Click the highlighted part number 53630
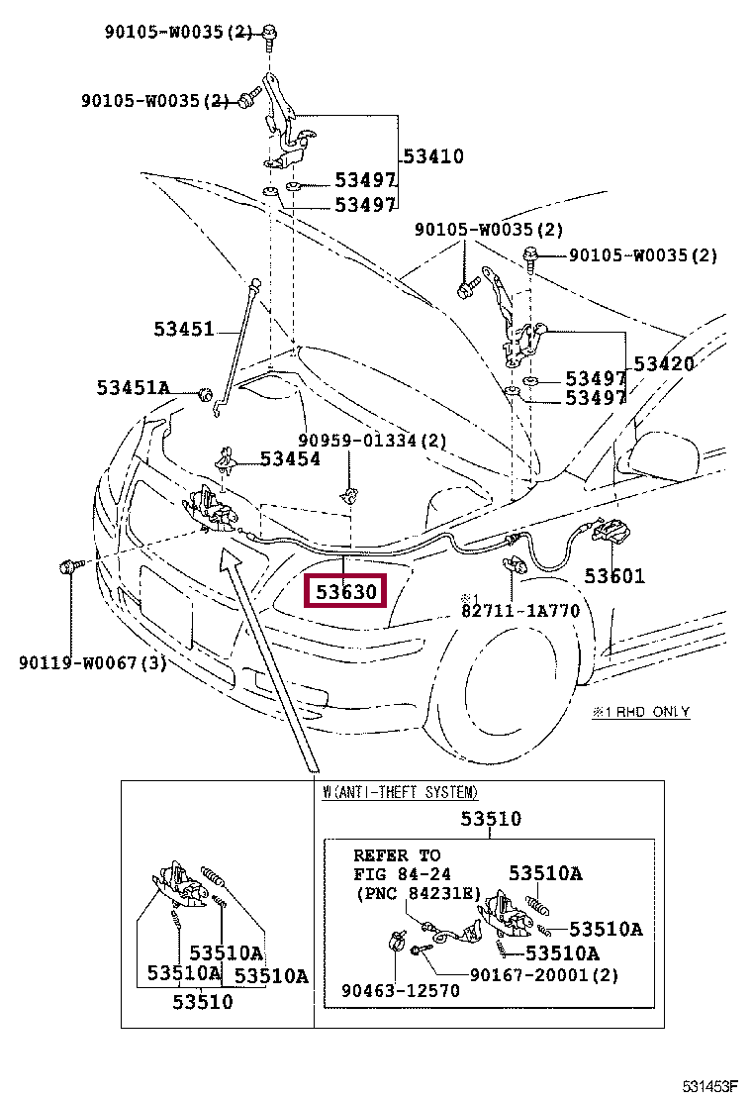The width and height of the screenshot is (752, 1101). click(345, 593)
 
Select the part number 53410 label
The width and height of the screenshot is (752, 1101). click(433, 156)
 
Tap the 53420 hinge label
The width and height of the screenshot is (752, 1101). click(664, 363)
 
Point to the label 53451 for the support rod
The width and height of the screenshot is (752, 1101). click(183, 328)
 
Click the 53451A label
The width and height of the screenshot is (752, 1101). click(134, 387)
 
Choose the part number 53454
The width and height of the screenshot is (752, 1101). click(290, 458)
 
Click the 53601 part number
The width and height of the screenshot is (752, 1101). click(613, 575)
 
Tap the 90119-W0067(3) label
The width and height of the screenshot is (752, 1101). click(92, 662)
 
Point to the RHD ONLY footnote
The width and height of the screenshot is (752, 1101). click(640, 712)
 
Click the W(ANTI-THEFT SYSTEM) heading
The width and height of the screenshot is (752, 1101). click(401, 792)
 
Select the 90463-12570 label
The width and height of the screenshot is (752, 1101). click(401, 990)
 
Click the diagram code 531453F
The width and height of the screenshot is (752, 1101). click(709, 1086)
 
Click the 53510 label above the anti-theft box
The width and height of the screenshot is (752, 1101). click(491, 819)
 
